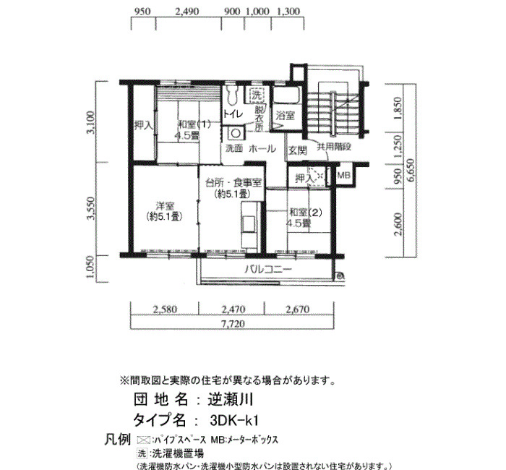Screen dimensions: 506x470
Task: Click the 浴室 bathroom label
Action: pyautogui.click(x=286, y=115)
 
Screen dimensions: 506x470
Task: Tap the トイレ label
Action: pyautogui.click(x=233, y=114)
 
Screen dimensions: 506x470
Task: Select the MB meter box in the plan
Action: pyautogui.click(x=343, y=175)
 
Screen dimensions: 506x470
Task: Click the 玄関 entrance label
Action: pyautogui.click(x=298, y=150)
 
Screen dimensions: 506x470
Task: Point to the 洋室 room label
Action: pyautogui.click(x=165, y=205)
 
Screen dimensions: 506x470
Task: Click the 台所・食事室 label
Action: pyautogui.click(x=233, y=183)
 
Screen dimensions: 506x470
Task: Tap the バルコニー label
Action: pyautogui.click(x=268, y=269)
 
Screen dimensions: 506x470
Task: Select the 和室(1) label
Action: pyautogui.click(x=194, y=124)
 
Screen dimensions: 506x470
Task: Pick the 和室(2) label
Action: pyautogui.click(x=306, y=213)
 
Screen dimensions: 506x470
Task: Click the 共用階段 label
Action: pyautogui.click(x=334, y=147)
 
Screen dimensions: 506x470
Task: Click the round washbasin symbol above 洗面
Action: pyautogui.click(x=235, y=133)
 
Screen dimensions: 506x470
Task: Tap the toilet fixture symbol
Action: pyautogui.click(x=231, y=94)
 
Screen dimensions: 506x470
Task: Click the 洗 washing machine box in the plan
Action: pyautogui.click(x=256, y=95)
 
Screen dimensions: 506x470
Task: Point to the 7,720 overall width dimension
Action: pyautogui.click(x=233, y=324)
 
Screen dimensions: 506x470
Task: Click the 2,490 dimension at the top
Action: pyautogui.click(x=187, y=12)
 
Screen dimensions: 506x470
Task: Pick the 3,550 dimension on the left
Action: pyautogui.click(x=91, y=208)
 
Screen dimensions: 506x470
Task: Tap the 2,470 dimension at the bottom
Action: pyautogui.click(x=233, y=309)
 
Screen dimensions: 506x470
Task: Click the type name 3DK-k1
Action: pyautogui.click(x=234, y=420)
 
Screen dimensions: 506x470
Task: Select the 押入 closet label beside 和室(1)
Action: pyautogui.click(x=144, y=125)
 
